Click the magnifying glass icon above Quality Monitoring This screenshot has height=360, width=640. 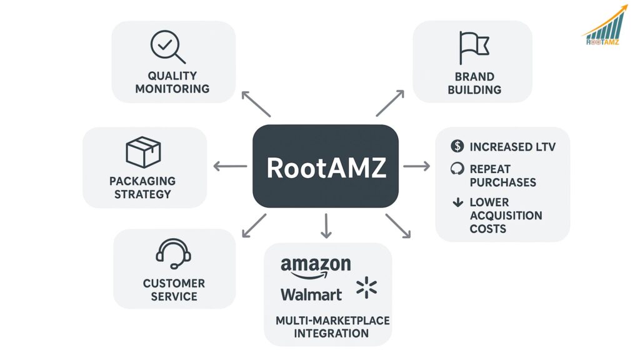167,46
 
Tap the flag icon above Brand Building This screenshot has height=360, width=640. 473,47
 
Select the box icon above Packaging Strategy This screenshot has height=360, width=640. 143,152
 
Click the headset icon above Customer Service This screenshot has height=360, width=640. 173,253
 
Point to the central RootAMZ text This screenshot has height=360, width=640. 326,167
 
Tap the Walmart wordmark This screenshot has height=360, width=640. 311,294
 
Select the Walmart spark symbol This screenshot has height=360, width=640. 366,288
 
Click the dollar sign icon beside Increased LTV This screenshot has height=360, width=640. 457,147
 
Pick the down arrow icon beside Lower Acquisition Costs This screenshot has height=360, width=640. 457,202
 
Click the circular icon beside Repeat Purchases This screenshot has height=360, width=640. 457,169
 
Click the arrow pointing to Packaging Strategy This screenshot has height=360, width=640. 230,166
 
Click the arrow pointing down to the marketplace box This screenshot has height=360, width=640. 326,226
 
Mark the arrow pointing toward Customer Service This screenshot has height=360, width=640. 254,225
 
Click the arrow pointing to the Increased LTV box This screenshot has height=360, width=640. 416,166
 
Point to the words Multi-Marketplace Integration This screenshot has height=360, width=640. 332,327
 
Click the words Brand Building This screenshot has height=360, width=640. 474,83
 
